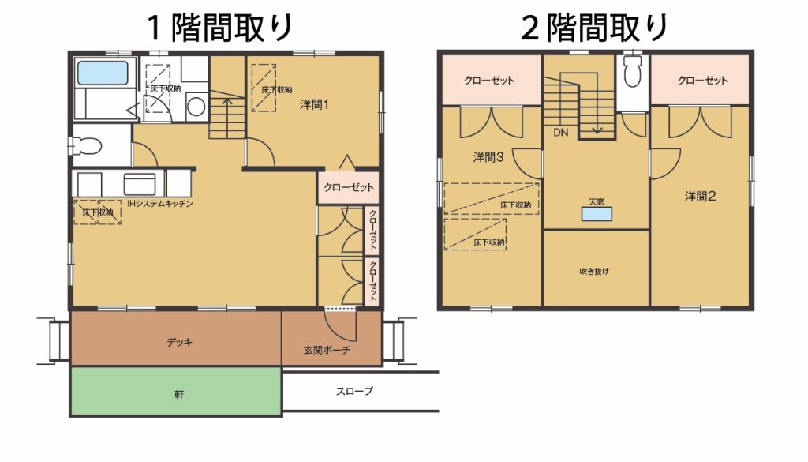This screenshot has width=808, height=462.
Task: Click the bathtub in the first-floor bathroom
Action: pyautogui.click(x=103, y=73)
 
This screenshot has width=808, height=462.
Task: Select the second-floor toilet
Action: pyautogui.click(x=633, y=71)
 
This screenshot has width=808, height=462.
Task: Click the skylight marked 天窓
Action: pyautogui.click(x=597, y=213)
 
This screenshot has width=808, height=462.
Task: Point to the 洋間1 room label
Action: pyautogui.click(x=314, y=105)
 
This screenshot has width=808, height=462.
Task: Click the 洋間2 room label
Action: pyautogui.click(x=700, y=196)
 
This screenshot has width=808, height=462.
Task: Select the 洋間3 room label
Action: pyautogui.click(x=488, y=156)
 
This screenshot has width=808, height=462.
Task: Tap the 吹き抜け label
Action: pyautogui.click(x=594, y=271)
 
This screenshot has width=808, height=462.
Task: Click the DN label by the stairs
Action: pyautogui.click(x=561, y=133)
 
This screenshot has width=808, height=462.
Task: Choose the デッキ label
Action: pyautogui.click(x=180, y=342)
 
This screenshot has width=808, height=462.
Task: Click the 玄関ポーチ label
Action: pyautogui.click(x=327, y=350)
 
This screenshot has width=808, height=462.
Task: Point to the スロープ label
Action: pyautogui.click(x=354, y=392)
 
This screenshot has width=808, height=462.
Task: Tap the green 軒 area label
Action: pyautogui.click(x=179, y=395)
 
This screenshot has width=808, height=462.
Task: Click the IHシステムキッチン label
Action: pyautogui.click(x=159, y=203)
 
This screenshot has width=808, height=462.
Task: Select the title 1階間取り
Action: pyautogui.click(x=220, y=28)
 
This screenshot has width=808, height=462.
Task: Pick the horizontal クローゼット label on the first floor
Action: pyautogui.click(x=348, y=187)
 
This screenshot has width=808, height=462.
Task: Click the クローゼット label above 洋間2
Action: pyautogui.click(x=702, y=80)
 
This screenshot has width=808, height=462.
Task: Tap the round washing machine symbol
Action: pyautogui.click(x=196, y=107)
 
